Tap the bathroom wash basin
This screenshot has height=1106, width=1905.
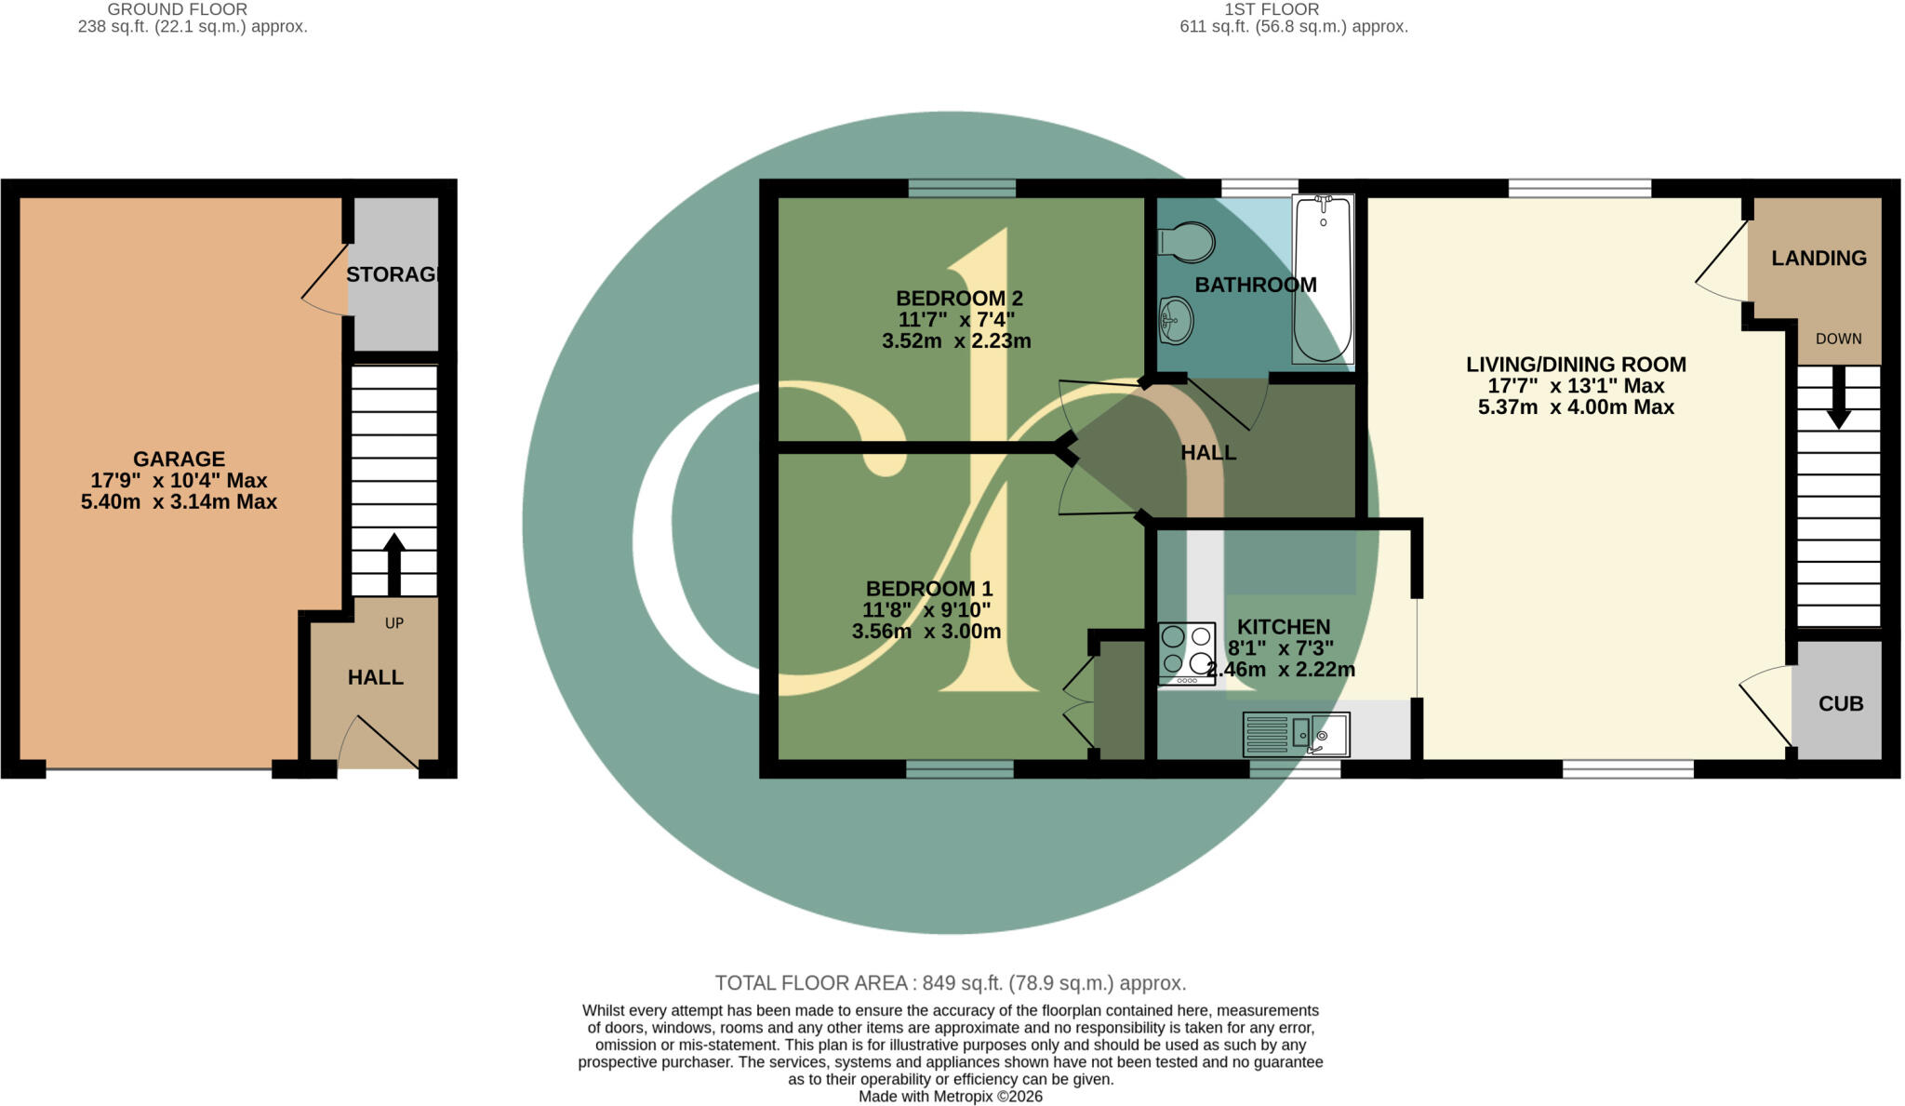[x=1177, y=321]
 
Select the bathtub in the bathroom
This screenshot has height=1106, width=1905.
[x=1323, y=279]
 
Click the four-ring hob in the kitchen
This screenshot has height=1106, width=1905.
[x=1187, y=654]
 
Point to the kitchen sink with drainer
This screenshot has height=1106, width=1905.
[x=1296, y=735]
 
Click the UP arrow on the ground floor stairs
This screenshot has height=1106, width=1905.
[x=394, y=565]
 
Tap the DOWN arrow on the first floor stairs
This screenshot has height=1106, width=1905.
[x=1838, y=397]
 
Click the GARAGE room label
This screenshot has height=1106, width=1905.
[x=179, y=460]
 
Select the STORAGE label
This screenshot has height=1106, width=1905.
[x=392, y=274]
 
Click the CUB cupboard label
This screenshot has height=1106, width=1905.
[x=1841, y=704]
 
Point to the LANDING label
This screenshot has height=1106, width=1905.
[x=1818, y=259]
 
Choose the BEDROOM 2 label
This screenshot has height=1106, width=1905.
[x=959, y=299]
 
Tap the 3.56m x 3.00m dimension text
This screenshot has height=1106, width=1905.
[x=926, y=632]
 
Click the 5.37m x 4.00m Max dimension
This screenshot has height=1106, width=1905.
[x=1576, y=406]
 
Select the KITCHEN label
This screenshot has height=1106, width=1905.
[x=1284, y=627]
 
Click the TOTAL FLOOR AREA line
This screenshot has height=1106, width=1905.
[x=950, y=983]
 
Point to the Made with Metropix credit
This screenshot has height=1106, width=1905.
[x=951, y=1097]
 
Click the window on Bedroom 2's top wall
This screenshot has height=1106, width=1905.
[x=962, y=188]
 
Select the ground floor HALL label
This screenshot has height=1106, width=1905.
[x=376, y=678]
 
